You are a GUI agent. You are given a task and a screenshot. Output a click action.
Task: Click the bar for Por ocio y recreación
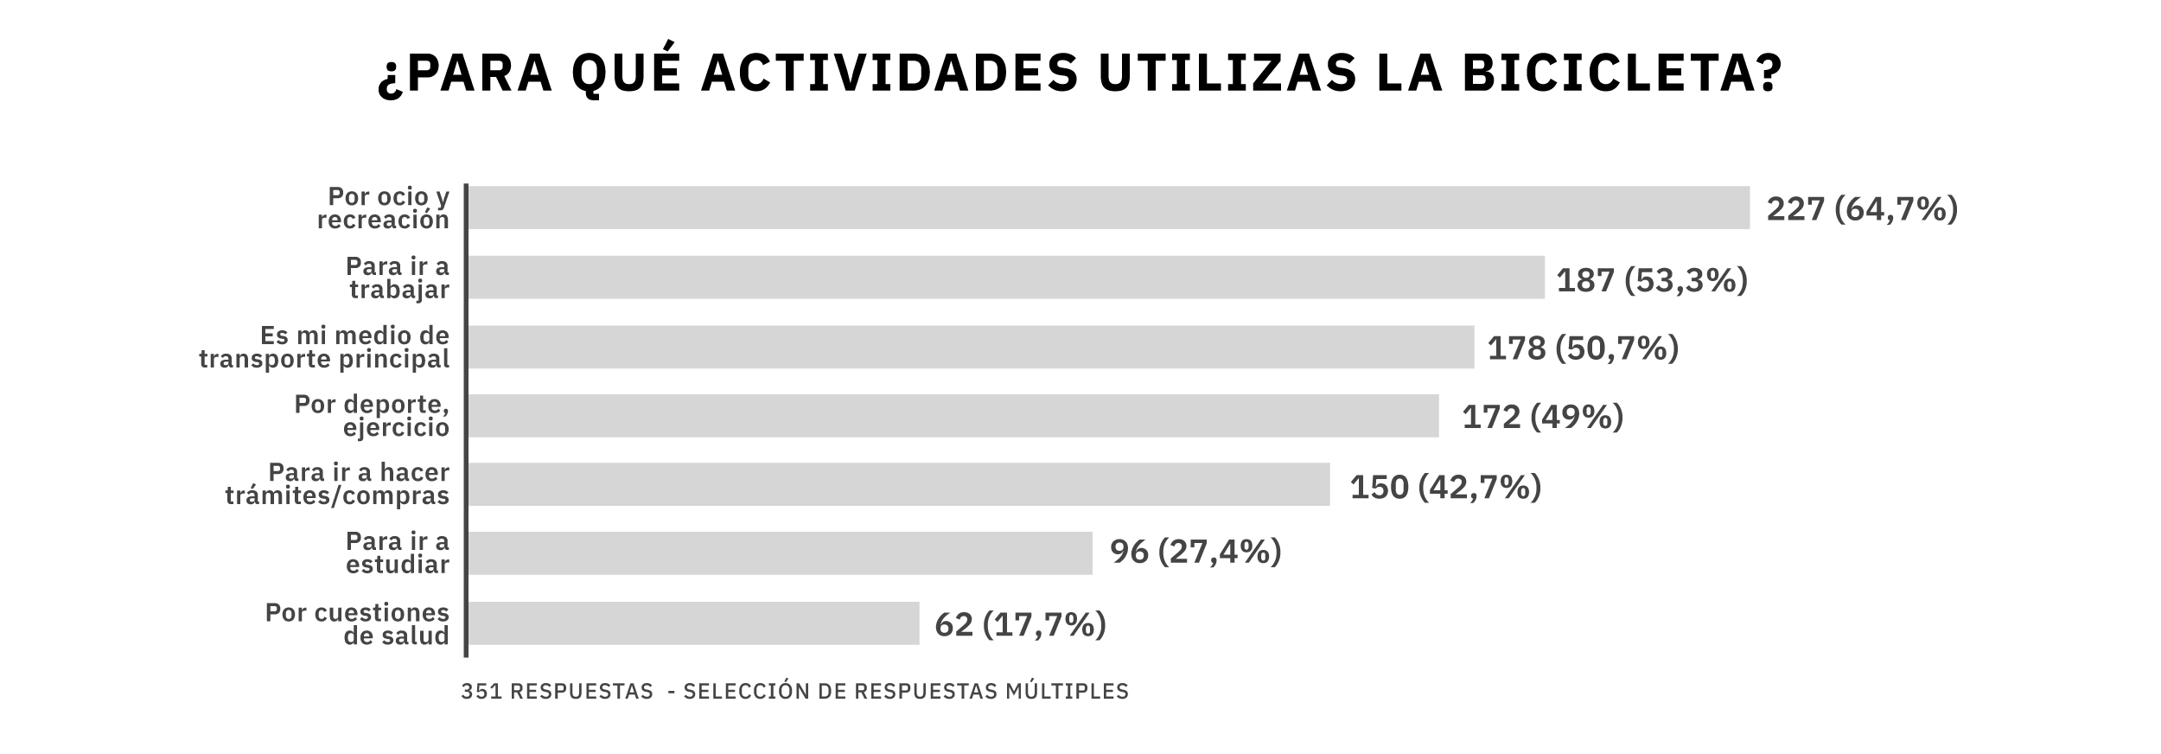click(1107, 208)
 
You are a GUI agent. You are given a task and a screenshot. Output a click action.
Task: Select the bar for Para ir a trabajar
click(1005, 277)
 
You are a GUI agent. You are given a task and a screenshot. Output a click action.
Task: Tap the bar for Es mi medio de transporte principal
click(970, 347)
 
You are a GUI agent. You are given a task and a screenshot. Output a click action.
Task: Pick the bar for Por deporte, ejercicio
click(953, 416)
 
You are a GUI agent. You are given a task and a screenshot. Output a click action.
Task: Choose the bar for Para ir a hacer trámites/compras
click(898, 484)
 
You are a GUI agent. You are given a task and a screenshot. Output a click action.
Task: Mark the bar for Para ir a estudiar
click(779, 553)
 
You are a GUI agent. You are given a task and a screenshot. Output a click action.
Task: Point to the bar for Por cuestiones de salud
click(692, 623)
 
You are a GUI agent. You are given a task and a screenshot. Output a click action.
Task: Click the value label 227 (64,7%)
click(1861, 209)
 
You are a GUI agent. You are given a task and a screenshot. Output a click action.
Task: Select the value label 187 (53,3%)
click(1651, 280)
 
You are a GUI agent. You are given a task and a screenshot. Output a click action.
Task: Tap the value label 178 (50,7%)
click(1582, 348)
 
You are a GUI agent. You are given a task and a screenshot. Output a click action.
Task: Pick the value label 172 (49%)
click(1541, 418)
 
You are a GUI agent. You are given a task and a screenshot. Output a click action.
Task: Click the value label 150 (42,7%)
click(1444, 488)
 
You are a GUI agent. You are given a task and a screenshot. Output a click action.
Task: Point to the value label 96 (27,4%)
click(1195, 552)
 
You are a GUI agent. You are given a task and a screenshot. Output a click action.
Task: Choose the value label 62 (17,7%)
click(1019, 625)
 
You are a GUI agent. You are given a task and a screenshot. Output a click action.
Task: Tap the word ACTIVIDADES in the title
click(889, 73)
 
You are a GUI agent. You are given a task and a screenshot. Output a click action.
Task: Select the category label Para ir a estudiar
click(397, 553)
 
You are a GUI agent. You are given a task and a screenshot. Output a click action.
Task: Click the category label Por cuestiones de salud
click(356, 624)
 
